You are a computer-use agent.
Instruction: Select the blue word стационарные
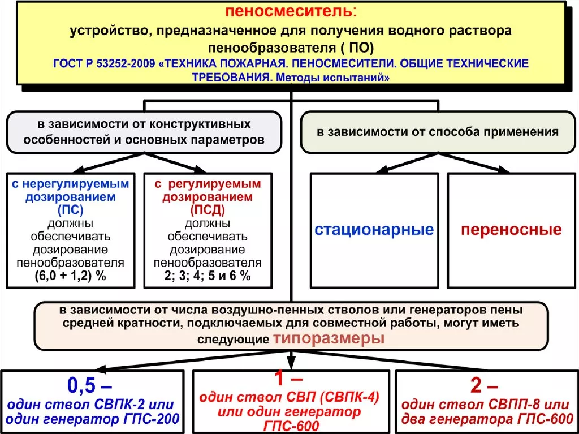[374, 230]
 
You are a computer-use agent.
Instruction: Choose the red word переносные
[511, 230]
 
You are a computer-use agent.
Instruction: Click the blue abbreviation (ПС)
[71, 210]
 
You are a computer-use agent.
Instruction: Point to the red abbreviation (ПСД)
[208, 210]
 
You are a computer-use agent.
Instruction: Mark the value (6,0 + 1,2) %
[71, 276]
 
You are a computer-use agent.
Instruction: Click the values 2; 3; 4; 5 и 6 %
[208, 276]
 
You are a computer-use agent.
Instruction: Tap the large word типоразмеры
[329, 338]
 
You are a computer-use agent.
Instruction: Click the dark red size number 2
[476, 385]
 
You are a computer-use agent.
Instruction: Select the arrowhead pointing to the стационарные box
[382, 170]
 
